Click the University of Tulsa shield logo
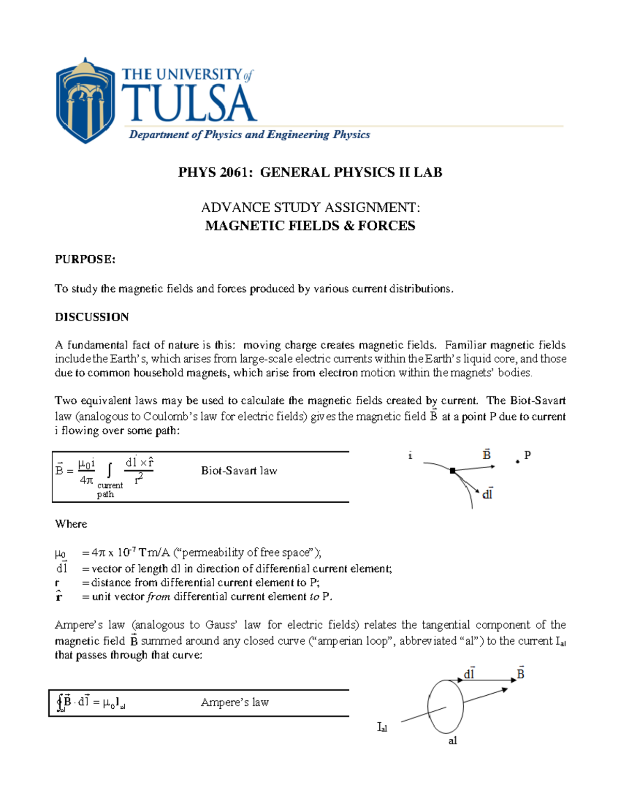(x=85, y=101)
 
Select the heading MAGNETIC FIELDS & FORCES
(x=310, y=226)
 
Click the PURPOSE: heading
(x=85, y=259)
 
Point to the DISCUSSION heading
(x=92, y=317)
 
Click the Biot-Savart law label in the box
(x=239, y=471)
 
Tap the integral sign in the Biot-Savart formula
(x=109, y=470)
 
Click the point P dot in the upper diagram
(x=517, y=461)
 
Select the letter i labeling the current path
(x=410, y=456)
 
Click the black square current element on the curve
(x=453, y=471)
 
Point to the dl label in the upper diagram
(x=487, y=494)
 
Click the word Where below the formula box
(x=71, y=524)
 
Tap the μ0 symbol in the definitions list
(x=61, y=553)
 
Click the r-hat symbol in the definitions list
(x=58, y=596)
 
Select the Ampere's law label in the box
(x=235, y=703)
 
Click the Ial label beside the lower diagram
(x=382, y=727)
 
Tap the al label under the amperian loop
(x=453, y=741)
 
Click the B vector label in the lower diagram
(x=521, y=674)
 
